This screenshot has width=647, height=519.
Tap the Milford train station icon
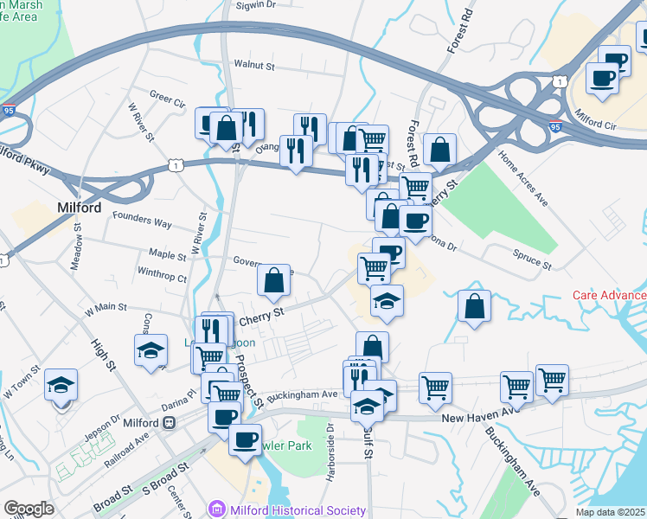(170, 422)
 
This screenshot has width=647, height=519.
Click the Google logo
(28, 509)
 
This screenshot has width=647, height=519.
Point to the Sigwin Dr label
(256, 4)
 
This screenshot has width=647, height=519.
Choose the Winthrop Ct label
(162, 278)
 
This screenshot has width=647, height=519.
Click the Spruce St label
(533, 260)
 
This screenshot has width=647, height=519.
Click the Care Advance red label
(609, 295)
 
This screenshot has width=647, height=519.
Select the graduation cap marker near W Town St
(61, 385)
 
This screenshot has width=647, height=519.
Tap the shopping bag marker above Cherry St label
(273, 280)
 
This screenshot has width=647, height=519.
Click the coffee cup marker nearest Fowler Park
(245, 439)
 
